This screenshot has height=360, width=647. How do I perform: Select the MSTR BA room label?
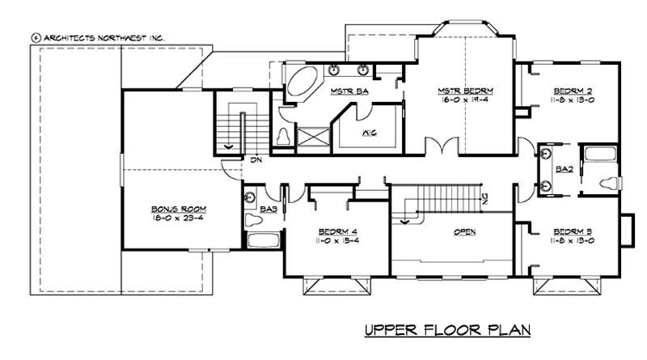coord(349,91)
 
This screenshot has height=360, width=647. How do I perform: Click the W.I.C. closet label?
coord(368,132)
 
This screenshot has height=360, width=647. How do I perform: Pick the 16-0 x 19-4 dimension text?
coord(465,100)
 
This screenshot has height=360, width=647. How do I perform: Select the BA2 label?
coord(565,168)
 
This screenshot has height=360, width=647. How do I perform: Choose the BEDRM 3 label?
coord(569,230)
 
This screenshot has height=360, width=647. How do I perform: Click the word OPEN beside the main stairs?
coord(464,232)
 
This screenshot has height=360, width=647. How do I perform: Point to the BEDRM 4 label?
coord(333,230)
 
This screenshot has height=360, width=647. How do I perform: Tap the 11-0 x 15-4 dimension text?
coord(333,240)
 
